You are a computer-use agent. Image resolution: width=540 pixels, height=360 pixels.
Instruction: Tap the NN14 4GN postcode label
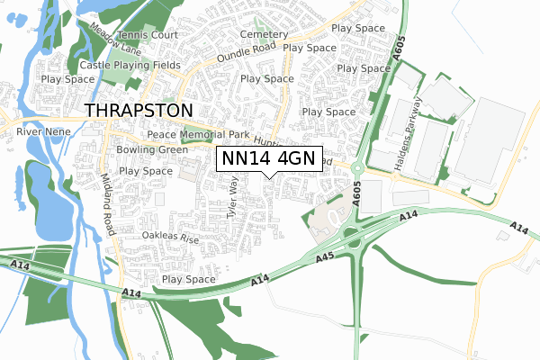tap(269, 158)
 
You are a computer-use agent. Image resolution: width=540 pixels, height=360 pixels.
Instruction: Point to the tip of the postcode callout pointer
tap(269, 177)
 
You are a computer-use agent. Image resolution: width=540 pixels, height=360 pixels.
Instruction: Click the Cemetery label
tap(264, 34)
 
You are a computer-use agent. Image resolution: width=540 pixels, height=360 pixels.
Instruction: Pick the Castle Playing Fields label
tap(129, 66)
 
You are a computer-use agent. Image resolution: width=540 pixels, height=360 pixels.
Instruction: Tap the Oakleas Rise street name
tap(169, 238)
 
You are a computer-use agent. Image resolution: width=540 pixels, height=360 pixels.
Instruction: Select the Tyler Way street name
tap(234, 198)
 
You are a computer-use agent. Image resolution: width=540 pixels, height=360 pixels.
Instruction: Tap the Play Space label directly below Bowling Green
tap(146, 171)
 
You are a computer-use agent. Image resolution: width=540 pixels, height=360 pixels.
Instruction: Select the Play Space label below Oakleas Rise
tap(188, 280)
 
